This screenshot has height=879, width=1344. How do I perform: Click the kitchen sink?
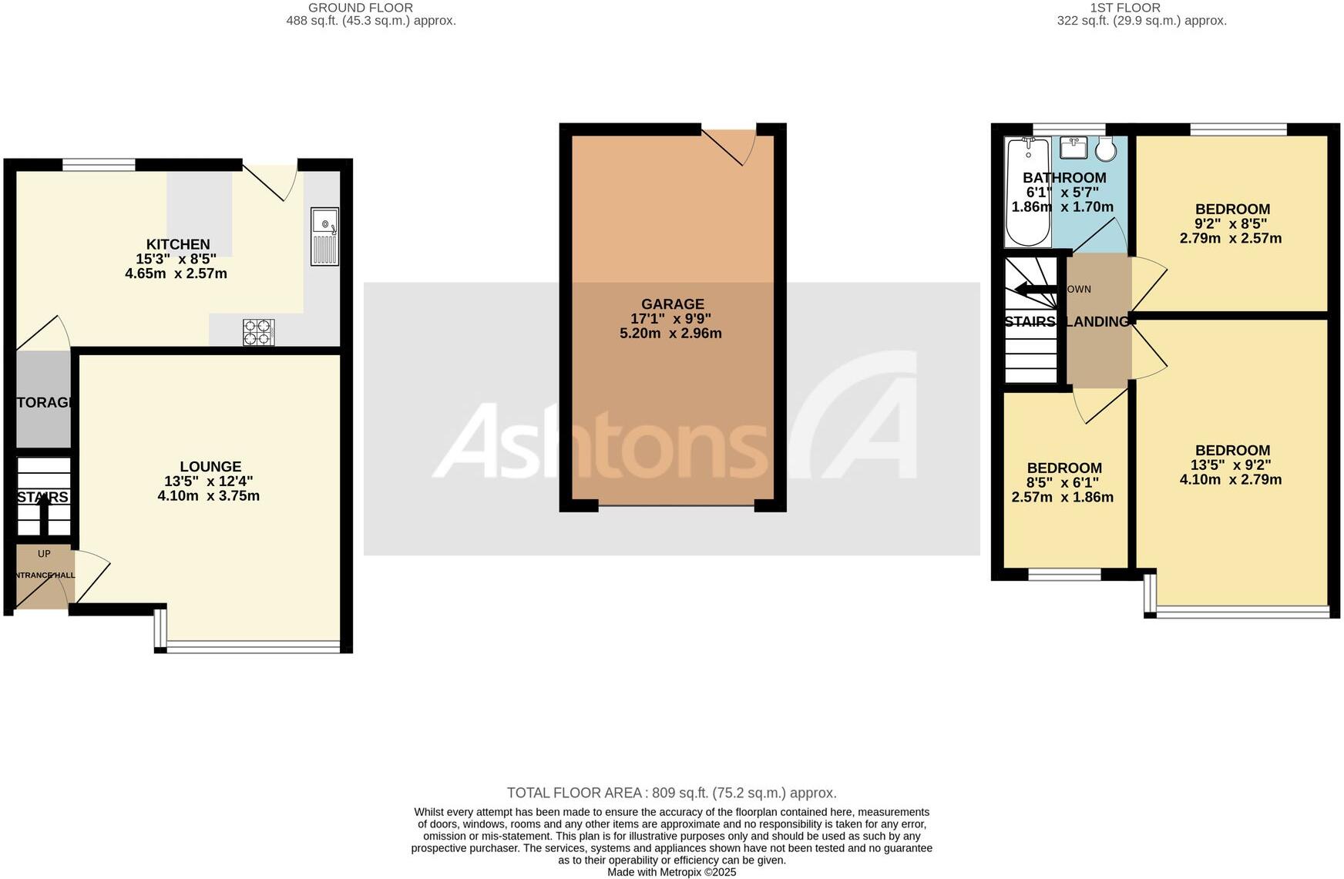(x=324, y=236)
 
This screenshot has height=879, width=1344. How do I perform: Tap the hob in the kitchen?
(x=258, y=332)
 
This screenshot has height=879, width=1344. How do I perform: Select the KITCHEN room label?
(x=178, y=244)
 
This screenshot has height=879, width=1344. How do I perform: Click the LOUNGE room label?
(x=210, y=466)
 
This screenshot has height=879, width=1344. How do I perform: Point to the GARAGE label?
(x=673, y=304)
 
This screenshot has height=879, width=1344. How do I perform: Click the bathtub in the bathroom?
(x=1027, y=191)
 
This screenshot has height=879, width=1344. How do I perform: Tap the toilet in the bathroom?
(x=1106, y=149)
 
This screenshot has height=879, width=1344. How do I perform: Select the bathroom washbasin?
(x=1073, y=146)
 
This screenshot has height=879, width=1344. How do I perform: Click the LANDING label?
(x=1097, y=321)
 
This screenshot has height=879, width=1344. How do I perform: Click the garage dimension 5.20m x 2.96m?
(x=670, y=334)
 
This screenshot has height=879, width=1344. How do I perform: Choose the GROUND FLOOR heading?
(x=360, y=8)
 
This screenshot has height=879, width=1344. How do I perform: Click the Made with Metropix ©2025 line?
(x=671, y=872)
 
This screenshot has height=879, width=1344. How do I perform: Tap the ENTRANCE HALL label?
(x=45, y=575)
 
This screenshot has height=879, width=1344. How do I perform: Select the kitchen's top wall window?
(x=99, y=164)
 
